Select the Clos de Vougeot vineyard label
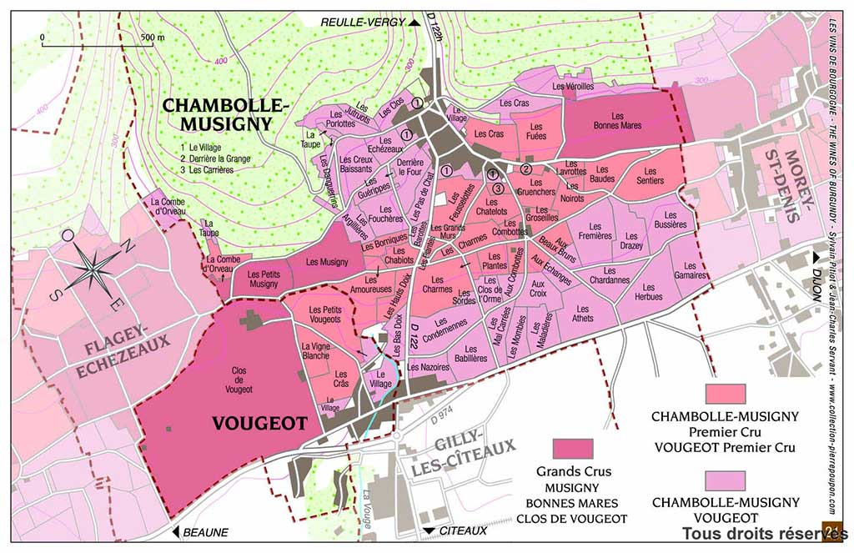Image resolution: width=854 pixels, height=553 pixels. pos(239,383)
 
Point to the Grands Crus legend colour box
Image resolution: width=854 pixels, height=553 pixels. pos(573,449)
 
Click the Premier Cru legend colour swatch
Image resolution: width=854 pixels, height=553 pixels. pos(725,393)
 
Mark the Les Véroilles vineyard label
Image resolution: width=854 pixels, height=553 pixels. pos(573,86)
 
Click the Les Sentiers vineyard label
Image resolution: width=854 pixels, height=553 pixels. pos(650,175)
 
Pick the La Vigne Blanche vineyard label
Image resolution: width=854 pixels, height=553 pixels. pos(314,350)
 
